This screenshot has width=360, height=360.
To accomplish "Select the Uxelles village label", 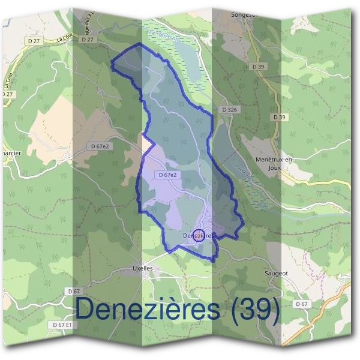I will point(143,268).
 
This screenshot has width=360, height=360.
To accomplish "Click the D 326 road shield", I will point(230,110).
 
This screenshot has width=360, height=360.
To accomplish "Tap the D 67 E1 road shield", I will point(62,325).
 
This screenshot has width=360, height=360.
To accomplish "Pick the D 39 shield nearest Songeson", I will point(258,66).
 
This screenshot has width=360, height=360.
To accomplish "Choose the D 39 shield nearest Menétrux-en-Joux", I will point(278,117).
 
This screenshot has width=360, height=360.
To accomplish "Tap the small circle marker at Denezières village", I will point(200,235).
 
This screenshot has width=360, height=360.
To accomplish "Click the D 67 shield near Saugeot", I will point(302,305).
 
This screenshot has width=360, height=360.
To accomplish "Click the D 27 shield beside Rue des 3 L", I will point(88,39).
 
